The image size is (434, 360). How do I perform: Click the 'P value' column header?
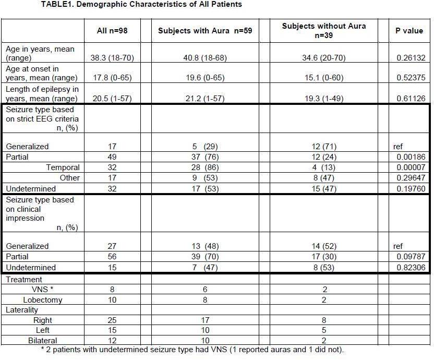(x=409, y=31)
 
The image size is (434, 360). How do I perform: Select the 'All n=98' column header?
(x=112, y=31)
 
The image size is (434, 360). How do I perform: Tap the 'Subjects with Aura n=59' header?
(x=205, y=31)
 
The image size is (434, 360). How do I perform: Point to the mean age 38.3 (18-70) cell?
(x=112, y=58)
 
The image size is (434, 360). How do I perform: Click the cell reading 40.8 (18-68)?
(x=205, y=58)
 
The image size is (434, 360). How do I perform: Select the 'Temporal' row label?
(x=63, y=167)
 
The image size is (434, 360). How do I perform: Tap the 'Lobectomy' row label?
(x=43, y=300)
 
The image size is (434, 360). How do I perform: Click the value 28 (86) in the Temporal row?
(x=205, y=167)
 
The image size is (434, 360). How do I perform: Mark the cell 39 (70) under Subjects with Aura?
(x=205, y=257)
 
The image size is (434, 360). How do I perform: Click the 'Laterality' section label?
(x=22, y=310)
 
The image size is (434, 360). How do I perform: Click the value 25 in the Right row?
(x=112, y=320)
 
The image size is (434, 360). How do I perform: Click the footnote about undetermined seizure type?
(x=192, y=350)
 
